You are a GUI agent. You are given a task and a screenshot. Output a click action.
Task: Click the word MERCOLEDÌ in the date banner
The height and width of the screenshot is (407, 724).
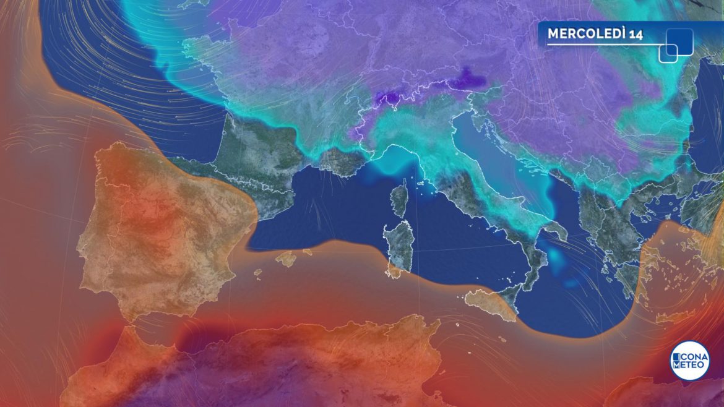587,34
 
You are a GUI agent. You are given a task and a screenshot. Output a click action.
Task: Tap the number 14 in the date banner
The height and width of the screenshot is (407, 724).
636,34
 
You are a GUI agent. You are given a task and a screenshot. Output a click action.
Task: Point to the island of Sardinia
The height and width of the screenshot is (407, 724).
399,246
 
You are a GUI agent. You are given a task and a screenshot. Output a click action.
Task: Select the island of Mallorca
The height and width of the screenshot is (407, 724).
286,258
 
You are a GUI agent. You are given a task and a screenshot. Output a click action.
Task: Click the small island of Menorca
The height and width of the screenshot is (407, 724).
308,252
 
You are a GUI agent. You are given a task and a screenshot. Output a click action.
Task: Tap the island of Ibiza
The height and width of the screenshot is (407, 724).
258,272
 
